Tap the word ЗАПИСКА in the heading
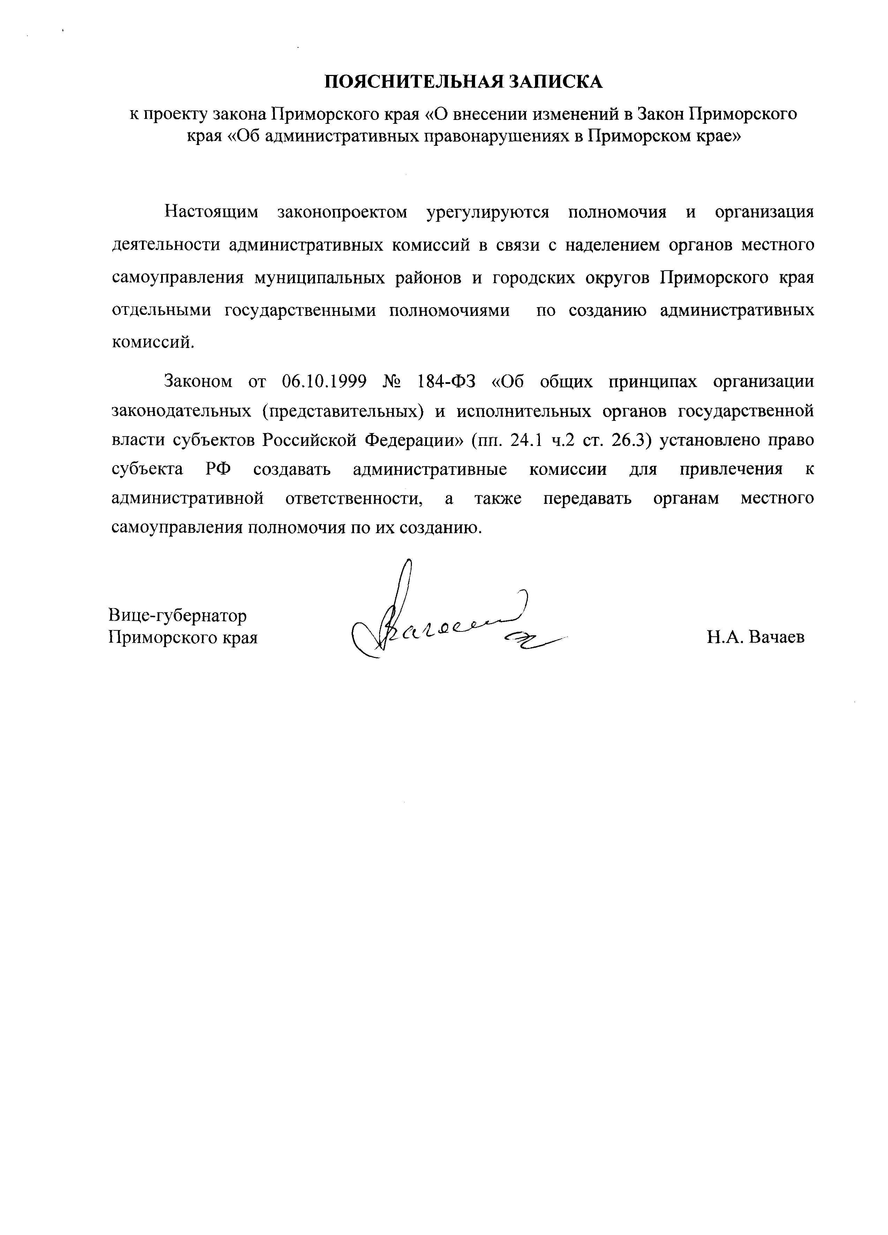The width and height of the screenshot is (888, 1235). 556,82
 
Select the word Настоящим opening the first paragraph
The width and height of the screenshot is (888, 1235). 211,212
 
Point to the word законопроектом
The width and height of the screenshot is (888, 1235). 342,212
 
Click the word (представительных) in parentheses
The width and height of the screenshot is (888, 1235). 343,411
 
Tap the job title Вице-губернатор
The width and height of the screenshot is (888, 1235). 178,615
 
